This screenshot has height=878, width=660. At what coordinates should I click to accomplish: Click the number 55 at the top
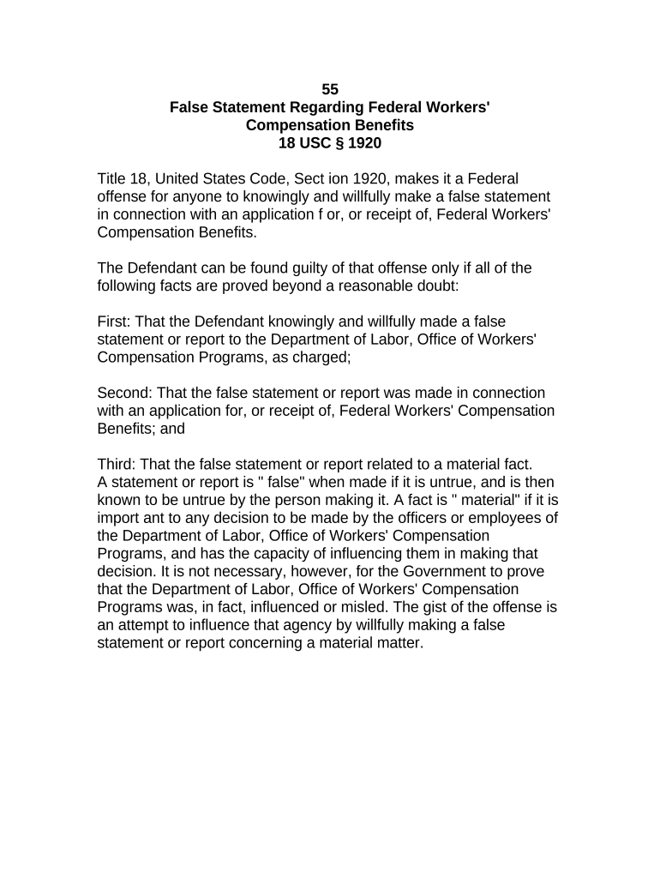(x=330, y=89)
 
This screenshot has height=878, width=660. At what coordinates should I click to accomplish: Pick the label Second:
(x=125, y=393)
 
